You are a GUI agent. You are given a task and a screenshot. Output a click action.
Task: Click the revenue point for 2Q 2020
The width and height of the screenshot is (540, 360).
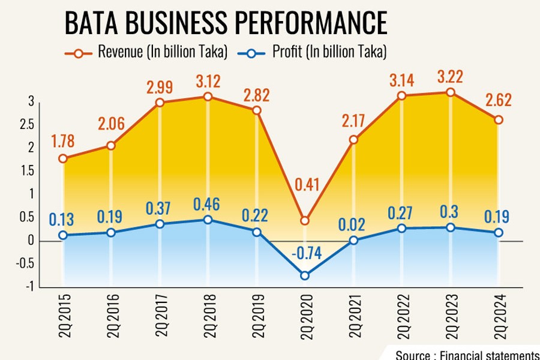(305, 221)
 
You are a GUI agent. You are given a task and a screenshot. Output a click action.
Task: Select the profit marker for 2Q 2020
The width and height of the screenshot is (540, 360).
(305, 275)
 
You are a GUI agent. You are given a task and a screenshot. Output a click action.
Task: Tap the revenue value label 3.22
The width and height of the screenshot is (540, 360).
(450, 77)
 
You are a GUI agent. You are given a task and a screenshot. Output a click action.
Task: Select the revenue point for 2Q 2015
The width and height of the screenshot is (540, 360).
(63, 158)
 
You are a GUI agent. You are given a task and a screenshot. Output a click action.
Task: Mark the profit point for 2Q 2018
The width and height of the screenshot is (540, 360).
(208, 220)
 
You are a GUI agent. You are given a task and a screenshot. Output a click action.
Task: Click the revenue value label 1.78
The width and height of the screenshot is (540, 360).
(64, 142)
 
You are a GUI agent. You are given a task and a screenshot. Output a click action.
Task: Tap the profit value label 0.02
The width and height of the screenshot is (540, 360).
(353, 224)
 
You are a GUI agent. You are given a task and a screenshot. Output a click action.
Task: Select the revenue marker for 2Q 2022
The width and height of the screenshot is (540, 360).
(402, 95)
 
